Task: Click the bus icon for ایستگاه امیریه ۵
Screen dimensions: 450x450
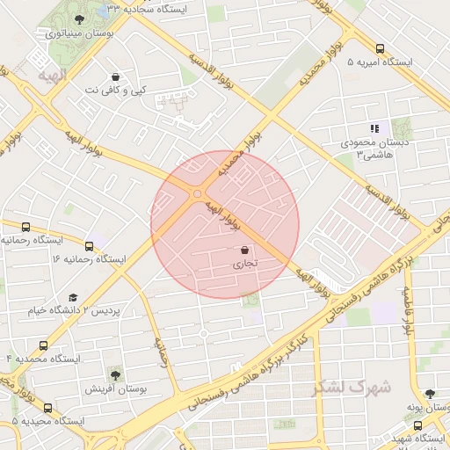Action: [x=380, y=49]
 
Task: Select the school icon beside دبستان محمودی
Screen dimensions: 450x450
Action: [x=374, y=128]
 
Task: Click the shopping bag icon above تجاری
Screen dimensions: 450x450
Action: [x=243, y=250]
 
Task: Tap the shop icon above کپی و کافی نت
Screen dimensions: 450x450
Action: [x=116, y=76]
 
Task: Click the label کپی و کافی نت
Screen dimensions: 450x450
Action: [x=118, y=90]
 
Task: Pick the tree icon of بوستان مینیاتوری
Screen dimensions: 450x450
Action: [x=80, y=19]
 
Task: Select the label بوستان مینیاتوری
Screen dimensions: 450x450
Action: [x=78, y=34]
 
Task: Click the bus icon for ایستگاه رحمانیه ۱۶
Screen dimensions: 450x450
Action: [x=89, y=245]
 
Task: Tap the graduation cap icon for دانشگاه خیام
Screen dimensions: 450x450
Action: [x=73, y=298]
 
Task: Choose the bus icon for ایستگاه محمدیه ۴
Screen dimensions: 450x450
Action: [x=43, y=345]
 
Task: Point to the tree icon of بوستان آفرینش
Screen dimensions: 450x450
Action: [x=114, y=373]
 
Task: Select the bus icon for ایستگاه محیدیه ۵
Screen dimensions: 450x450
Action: [x=47, y=408]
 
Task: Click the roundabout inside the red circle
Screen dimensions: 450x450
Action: [x=198, y=193]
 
